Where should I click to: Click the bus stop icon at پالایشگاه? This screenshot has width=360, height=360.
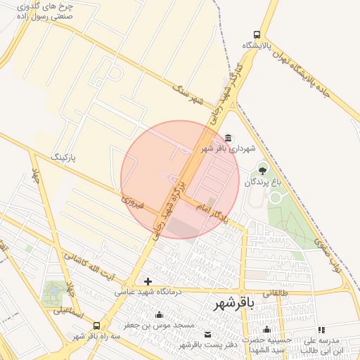click(x=257, y=34)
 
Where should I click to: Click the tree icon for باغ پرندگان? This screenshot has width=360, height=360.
click(x=263, y=169)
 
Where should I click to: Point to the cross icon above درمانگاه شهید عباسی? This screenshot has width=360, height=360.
click(x=148, y=282)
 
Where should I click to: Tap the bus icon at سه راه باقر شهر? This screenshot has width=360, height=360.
click(x=96, y=326)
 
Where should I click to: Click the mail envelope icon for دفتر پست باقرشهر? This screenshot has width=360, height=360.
click(x=207, y=334)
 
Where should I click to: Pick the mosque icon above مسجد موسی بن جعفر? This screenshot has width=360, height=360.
click(x=160, y=314)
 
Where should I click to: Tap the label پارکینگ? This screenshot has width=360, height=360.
click(x=67, y=155)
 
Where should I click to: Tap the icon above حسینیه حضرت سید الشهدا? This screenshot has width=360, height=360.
click(x=266, y=330)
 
